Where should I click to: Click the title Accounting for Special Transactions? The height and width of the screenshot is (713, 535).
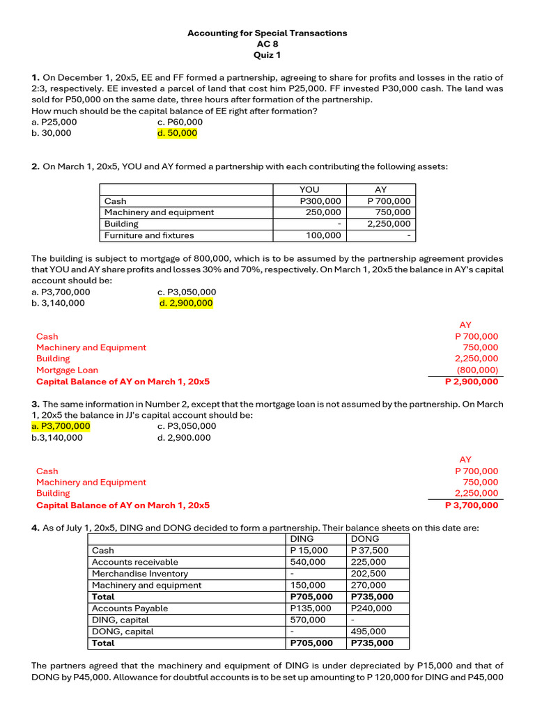coord(267,33)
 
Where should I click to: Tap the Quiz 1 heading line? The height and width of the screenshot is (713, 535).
coord(267,55)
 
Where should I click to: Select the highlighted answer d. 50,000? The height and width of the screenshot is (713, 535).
coord(178,133)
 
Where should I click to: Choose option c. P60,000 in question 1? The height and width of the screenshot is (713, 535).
coord(180,122)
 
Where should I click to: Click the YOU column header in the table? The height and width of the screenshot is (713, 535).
coord(309,189)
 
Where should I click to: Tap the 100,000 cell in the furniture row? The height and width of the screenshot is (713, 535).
coord(323,235)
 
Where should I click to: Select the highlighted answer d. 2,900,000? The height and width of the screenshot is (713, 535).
coord(186,303)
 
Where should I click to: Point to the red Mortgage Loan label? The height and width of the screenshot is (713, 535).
coord(67,370)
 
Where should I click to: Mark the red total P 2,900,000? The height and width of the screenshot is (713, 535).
coord(472,382)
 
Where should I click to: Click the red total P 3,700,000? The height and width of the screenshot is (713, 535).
coord(472,505)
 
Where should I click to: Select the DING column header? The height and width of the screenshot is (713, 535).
coord(302,539)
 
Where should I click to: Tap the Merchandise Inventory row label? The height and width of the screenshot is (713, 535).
coord(140,574)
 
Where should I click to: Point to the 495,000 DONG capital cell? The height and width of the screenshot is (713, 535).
coord(369,632)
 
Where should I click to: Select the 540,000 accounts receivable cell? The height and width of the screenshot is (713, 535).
coord(308,562)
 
